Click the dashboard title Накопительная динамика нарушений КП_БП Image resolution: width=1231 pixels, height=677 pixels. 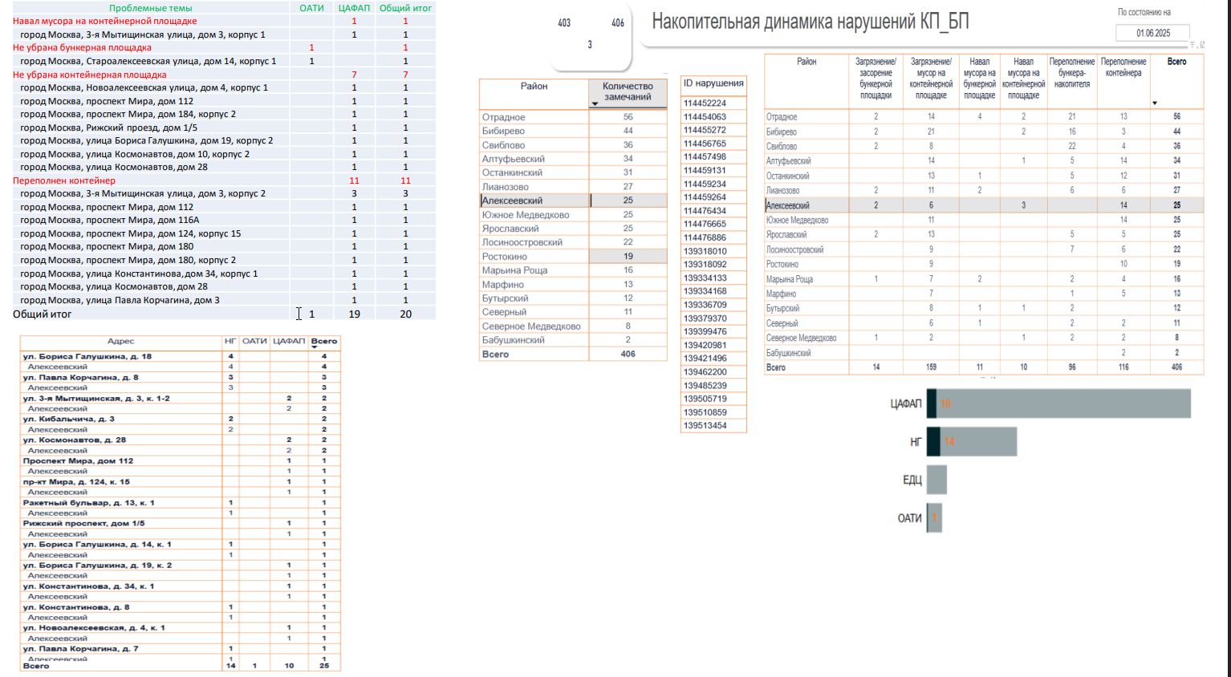[810, 22]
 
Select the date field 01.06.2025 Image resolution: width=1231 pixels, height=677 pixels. [1152, 33]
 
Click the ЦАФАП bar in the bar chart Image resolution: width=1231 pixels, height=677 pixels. [1058, 403]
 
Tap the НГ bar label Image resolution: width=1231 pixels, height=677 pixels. [916, 442]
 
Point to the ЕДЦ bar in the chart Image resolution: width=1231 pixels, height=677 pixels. [936, 480]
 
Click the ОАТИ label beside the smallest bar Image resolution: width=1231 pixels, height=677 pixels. [909, 518]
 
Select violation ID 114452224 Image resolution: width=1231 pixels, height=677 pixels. [705, 103]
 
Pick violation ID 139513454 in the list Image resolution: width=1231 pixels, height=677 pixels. [705, 426]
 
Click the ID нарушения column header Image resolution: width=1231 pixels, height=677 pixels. [713, 83]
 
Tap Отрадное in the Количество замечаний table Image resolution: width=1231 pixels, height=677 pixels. [504, 117]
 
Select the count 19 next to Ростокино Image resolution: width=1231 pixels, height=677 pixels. [628, 257]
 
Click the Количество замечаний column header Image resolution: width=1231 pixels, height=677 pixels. [628, 91]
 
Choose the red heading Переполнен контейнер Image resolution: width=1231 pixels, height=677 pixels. [64, 180]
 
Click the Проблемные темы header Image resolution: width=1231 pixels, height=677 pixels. [150, 8]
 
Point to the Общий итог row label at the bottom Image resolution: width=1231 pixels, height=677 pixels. [42, 314]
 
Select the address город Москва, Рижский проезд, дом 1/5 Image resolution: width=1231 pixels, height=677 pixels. [108, 128]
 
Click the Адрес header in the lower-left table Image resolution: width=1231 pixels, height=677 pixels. [120, 342]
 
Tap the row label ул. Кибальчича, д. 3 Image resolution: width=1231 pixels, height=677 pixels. [69, 419]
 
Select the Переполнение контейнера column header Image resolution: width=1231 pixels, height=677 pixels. [1123, 67]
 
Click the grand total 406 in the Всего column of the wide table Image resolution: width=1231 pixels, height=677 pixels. [1176, 367]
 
